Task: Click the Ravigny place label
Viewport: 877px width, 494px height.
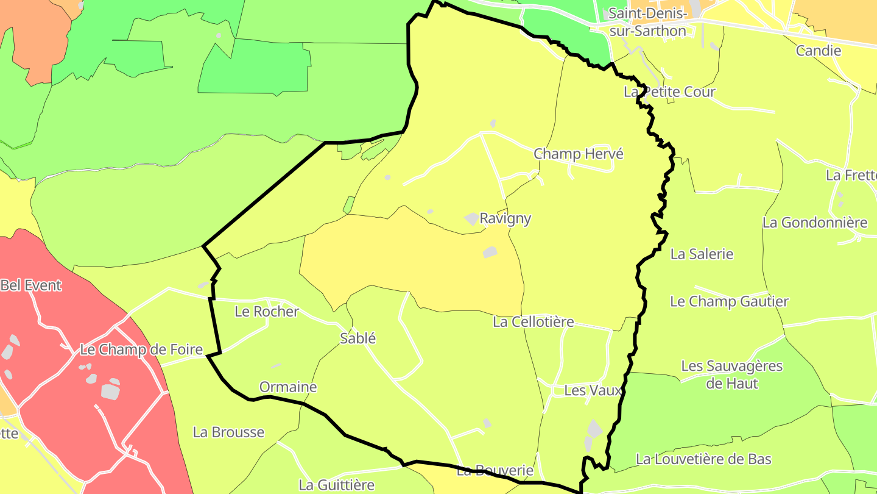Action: (x=505, y=218)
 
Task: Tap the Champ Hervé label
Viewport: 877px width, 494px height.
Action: (x=579, y=154)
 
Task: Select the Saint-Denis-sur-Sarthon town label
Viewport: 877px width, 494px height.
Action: (x=647, y=22)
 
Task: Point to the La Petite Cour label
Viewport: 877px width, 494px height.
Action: (x=669, y=91)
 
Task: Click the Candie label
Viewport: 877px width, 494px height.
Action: (x=819, y=51)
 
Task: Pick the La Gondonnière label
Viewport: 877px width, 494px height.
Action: (x=815, y=223)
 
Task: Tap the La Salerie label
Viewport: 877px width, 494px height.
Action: (x=702, y=254)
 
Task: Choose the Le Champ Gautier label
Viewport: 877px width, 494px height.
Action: (x=729, y=301)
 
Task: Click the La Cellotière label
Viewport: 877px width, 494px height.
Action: (x=534, y=321)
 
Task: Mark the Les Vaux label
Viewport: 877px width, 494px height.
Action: (x=593, y=390)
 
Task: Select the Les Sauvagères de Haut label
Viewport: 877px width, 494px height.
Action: (x=731, y=374)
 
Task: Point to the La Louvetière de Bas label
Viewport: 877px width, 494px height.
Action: (x=703, y=459)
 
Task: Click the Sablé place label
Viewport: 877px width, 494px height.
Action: (x=357, y=338)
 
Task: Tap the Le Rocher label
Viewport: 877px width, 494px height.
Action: (x=267, y=312)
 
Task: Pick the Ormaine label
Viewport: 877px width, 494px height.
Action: (x=288, y=387)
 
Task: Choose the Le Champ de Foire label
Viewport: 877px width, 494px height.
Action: (x=141, y=350)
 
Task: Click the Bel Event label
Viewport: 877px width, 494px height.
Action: (x=31, y=285)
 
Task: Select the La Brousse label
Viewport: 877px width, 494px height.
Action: (x=228, y=432)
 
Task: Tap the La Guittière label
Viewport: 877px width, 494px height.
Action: (x=336, y=485)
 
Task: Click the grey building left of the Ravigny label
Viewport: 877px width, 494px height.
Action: (x=471, y=218)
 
